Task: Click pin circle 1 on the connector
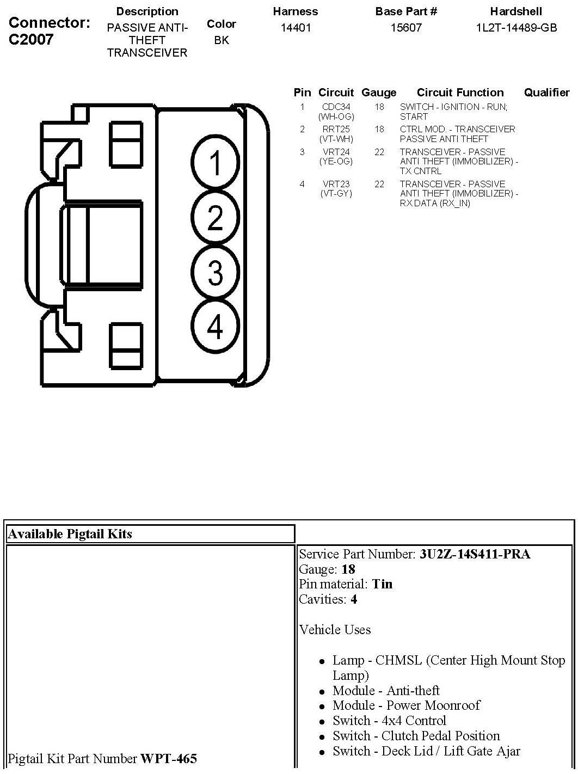(x=216, y=163)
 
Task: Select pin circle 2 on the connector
(x=216, y=218)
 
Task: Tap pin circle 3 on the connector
(x=216, y=272)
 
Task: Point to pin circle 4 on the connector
(x=216, y=327)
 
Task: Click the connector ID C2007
(x=31, y=39)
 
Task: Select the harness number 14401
(x=296, y=28)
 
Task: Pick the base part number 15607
(x=406, y=28)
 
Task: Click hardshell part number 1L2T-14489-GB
(x=516, y=28)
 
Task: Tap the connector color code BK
(x=222, y=40)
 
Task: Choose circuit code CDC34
(x=336, y=107)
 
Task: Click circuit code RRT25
(x=336, y=130)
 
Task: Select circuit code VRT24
(x=336, y=152)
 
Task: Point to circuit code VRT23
(x=336, y=185)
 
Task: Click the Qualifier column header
(x=546, y=93)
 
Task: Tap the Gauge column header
(x=379, y=93)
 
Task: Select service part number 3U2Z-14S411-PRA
(x=475, y=554)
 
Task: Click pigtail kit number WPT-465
(x=169, y=758)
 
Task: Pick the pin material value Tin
(x=382, y=584)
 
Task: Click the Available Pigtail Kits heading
(x=70, y=534)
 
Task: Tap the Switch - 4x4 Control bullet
(x=389, y=721)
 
